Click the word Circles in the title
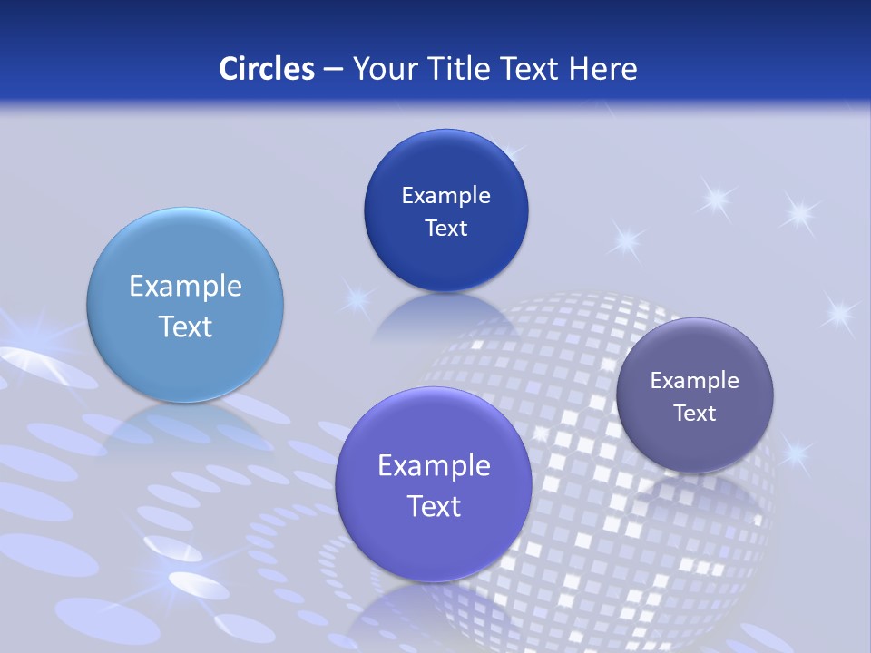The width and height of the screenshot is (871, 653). coord(266,69)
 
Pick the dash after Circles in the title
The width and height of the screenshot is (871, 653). coord(332,70)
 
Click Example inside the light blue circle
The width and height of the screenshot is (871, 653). coord(185,287)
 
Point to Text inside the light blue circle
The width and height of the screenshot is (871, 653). coord(185,326)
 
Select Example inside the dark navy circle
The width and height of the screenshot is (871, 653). coord(445,196)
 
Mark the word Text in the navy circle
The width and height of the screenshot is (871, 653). coord(445,229)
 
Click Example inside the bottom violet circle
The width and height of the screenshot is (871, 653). coord(434,466)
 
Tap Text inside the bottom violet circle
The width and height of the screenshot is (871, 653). coord(434,506)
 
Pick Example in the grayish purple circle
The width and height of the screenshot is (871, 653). coord(695,381)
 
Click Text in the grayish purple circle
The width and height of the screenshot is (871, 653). coord(695,414)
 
